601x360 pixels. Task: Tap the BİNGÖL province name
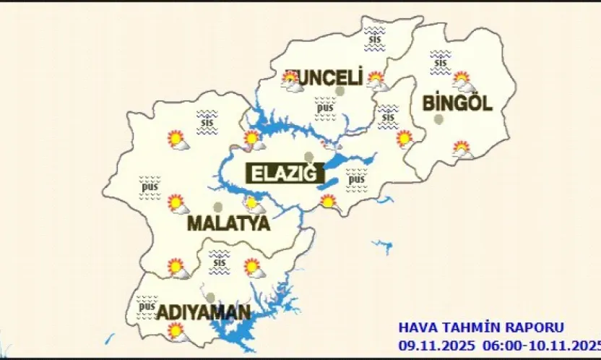(x=457, y=103)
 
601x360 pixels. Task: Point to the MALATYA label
(x=228, y=223)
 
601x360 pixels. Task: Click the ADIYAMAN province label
(x=204, y=313)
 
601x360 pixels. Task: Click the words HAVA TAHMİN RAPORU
(x=481, y=327)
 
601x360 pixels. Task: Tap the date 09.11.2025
(x=431, y=344)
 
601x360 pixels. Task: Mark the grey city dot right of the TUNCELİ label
(x=340, y=91)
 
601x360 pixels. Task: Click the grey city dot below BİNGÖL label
(x=439, y=120)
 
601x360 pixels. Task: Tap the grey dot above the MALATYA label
(x=218, y=207)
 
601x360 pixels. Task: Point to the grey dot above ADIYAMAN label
(x=210, y=297)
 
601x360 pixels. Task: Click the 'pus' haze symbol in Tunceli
(x=325, y=108)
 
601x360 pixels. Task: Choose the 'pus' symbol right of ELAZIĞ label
(x=356, y=179)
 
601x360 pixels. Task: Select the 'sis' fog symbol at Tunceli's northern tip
(x=374, y=37)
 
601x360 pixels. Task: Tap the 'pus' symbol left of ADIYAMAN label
(x=147, y=307)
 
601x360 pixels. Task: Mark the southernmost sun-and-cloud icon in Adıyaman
(x=176, y=332)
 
